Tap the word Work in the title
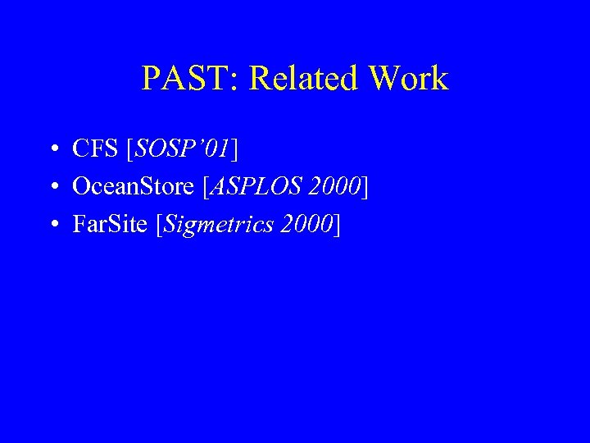(408, 79)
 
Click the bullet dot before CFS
(52, 149)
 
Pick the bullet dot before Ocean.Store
(52, 187)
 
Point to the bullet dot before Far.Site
(52, 224)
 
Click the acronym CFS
(95, 148)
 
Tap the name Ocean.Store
(133, 186)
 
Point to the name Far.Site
(110, 223)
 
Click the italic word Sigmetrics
(216, 224)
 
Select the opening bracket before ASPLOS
(205, 187)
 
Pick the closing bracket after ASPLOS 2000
(365, 187)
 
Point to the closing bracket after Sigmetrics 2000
(337, 224)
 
